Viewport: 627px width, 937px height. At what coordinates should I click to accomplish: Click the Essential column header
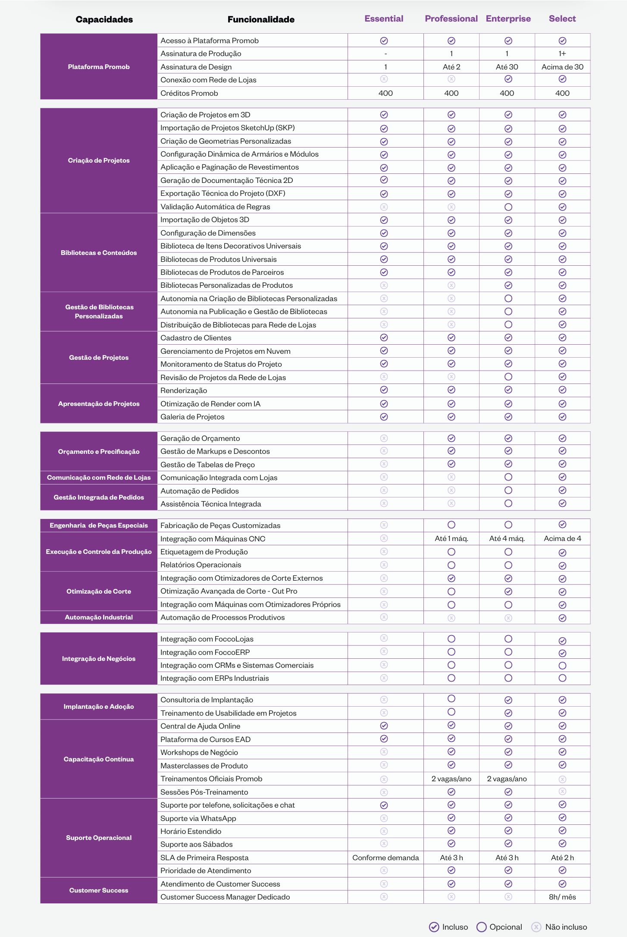coord(384,19)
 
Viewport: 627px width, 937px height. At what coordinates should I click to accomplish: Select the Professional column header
coord(451,19)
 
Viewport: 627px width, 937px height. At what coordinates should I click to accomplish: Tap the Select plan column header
coord(562,19)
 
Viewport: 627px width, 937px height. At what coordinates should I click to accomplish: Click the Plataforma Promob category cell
coord(99,67)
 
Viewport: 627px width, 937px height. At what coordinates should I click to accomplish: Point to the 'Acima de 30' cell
coord(562,67)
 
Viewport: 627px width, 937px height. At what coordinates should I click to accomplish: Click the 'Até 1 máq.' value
coord(451,538)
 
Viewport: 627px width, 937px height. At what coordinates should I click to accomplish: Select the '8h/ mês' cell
coord(562,897)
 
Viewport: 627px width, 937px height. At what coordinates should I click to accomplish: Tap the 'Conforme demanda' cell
coord(386,858)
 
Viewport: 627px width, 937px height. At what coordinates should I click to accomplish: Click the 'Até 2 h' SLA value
coord(562,858)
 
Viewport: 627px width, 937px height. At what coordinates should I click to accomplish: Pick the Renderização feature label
coord(184,390)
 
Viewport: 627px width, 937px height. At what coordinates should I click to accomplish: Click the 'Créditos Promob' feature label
coord(189,93)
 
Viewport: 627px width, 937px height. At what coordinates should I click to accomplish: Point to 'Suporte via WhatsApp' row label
coord(198,818)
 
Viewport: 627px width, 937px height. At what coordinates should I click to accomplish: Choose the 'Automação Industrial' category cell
coord(99,617)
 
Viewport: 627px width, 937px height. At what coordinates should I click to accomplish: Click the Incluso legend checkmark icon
coord(434,927)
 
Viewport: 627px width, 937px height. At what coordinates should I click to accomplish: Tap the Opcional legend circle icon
coord(481,927)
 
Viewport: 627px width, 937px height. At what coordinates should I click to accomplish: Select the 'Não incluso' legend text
coord(566,927)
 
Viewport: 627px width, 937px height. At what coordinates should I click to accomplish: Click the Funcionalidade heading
coord(261,19)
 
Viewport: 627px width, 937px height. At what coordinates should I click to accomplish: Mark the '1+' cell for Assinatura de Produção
coord(562,53)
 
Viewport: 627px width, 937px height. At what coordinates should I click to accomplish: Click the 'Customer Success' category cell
coord(99,890)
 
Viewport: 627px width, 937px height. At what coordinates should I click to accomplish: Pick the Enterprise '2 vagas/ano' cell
coord(507,779)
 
